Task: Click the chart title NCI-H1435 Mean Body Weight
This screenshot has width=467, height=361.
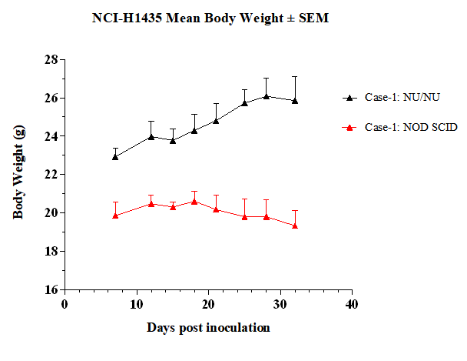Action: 187,18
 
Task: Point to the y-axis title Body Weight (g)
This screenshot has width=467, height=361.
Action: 18,172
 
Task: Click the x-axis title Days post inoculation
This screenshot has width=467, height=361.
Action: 208,328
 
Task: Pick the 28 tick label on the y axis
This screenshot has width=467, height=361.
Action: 51,60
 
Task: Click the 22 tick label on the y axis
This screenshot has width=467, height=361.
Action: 51,175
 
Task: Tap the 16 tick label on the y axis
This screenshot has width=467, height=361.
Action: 51,289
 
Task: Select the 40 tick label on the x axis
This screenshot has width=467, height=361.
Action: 352,305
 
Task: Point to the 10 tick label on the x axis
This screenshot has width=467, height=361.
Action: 137,305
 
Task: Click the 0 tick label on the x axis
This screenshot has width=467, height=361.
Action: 65,305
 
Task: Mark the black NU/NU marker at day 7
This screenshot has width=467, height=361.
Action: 115,157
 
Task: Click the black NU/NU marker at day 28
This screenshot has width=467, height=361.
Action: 267,96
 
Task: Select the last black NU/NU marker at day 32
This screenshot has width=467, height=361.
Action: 295,101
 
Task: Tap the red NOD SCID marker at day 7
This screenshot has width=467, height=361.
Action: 115,216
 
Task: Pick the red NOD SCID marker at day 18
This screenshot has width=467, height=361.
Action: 194,202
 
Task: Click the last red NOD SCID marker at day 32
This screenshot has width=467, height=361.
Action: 295,226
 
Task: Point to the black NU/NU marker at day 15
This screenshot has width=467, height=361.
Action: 173,141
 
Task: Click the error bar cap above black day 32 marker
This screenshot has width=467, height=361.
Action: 295,77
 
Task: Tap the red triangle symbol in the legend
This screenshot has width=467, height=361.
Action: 349,128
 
